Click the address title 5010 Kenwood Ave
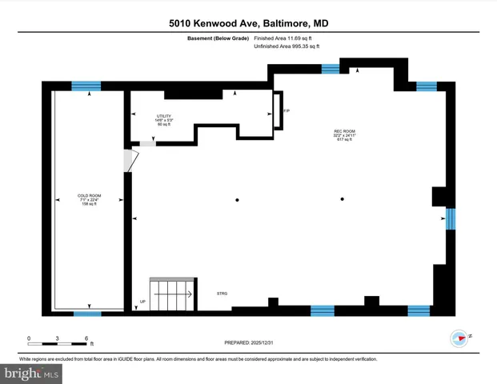pyautogui.click(x=248, y=24)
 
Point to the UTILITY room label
pyautogui.click(x=164, y=120)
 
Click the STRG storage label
pyautogui.click(x=222, y=294)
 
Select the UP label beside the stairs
pyautogui.click(x=143, y=302)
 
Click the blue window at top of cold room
pyautogui.click(x=86, y=86)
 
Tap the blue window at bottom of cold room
pyautogui.click(x=87, y=314)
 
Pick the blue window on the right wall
pyautogui.click(x=450, y=218)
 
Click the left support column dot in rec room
pyautogui.click(x=237, y=199)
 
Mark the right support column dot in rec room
pyautogui.click(x=343, y=199)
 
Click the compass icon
pyautogui.click(x=459, y=338)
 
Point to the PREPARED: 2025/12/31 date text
pyautogui.click(x=248, y=342)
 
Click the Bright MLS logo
pyautogui.click(x=32, y=372)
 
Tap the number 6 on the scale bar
pyautogui.click(x=86, y=339)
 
